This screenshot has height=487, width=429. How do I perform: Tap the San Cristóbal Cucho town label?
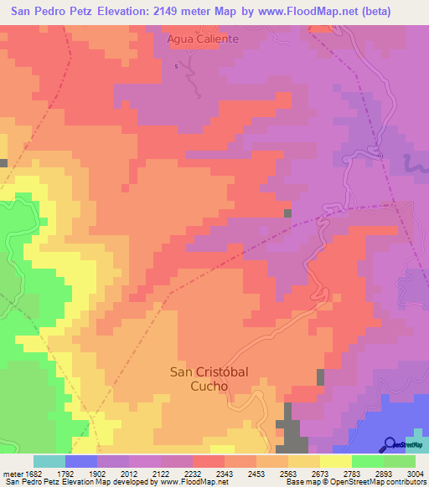coord(209,378)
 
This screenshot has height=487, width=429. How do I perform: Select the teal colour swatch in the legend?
coord(49,461)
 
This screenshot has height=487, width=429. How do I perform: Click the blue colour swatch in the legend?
coord(81,461)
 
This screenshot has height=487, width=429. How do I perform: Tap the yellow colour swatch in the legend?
coord(335,461)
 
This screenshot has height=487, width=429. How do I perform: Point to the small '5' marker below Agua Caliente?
coord(176,66)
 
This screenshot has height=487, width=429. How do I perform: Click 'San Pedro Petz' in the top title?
coord(49,12)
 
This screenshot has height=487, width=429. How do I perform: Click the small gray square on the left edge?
coord(3,162)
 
